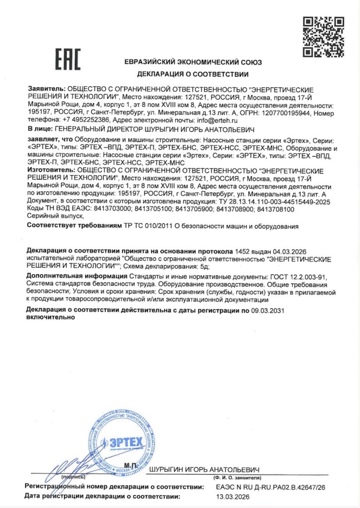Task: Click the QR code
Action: (x=323, y=37)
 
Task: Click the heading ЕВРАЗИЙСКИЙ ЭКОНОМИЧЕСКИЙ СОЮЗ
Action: (x=193, y=63)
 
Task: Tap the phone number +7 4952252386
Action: (x=82, y=120)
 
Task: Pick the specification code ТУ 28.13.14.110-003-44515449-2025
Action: (x=276, y=203)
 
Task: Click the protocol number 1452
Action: (x=242, y=251)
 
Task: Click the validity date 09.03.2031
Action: (x=267, y=310)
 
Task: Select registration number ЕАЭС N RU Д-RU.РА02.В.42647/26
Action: (x=271, y=488)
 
